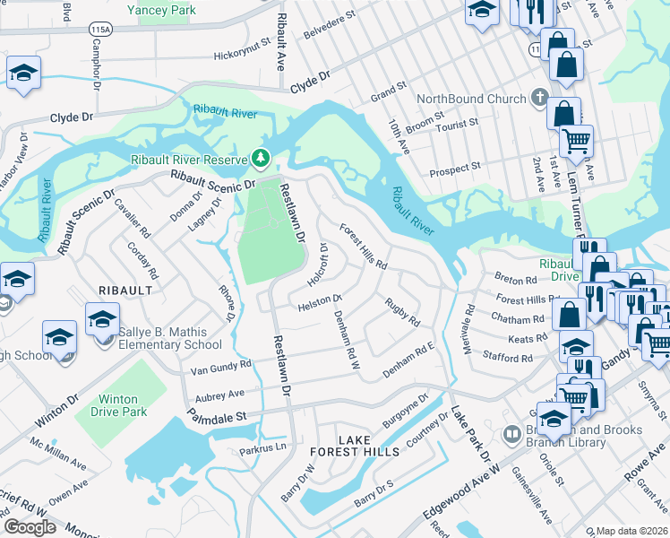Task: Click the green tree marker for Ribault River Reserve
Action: [x=261, y=159]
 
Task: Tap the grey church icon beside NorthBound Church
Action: [x=539, y=97]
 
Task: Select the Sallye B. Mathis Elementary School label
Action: [x=170, y=338]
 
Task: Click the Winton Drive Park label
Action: [x=114, y=405]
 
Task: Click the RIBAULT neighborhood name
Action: [x=125, y=291]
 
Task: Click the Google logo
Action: [x=29, y=526]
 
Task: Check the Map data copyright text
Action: [x=631, y=531]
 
